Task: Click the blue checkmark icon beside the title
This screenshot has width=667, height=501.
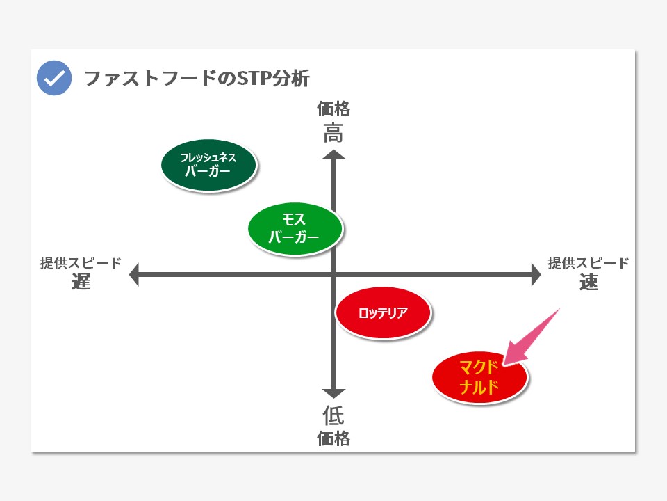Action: click(54, 78)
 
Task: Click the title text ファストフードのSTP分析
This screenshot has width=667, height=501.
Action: click(197, 79)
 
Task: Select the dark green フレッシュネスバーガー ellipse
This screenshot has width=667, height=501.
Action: click(209, 166)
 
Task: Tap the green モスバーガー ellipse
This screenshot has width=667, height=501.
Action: click(295, 229)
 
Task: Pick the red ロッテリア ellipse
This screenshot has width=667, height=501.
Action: click(384, 312)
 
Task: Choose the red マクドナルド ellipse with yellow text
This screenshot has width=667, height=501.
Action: click(479, 377)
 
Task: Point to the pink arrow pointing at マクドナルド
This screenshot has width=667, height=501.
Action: click(532, 337)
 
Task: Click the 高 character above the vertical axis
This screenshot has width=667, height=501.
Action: click(333, 133)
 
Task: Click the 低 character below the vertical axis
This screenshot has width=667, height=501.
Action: click(333, 415)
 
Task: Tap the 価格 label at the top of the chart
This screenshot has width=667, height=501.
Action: click(333, 109)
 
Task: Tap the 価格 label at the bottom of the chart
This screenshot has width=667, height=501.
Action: click(333, 438)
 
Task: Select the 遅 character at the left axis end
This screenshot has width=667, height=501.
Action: click(81, 282)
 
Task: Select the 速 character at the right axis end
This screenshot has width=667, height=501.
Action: click(588, 282)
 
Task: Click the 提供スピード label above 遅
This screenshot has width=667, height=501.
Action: click(81, 263)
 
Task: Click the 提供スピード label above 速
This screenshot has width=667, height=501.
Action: click(588, 263)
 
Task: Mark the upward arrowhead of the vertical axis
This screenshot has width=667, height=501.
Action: click(333, 154)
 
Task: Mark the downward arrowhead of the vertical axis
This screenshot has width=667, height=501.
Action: click(333, 394)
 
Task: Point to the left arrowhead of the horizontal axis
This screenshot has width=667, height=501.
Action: click(134, 274)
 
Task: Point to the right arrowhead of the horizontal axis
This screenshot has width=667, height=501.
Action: click(536, 274)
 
